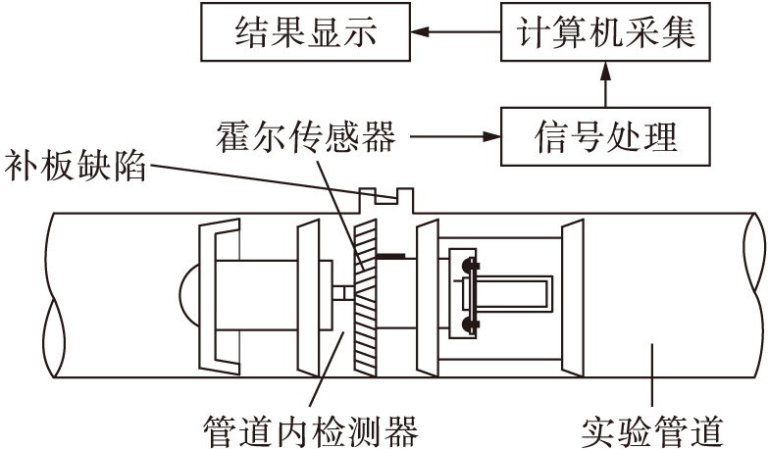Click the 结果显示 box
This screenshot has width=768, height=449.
pos(291,36)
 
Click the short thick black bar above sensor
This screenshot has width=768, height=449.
pos(390,258)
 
